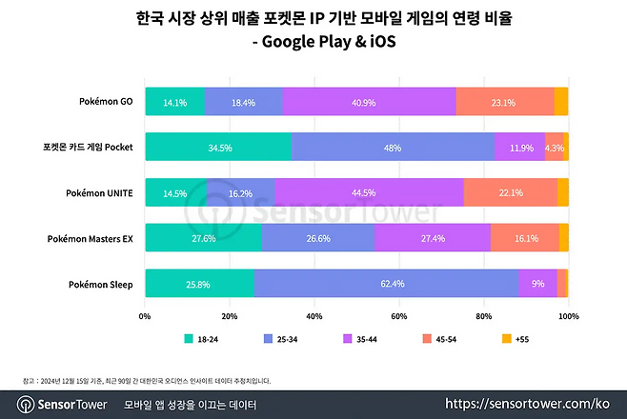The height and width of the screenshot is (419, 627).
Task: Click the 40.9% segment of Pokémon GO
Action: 369,101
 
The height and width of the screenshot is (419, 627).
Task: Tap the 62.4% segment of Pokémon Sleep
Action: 386,284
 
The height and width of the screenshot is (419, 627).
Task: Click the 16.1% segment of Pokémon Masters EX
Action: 524,238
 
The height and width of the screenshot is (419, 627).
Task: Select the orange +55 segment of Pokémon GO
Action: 561,101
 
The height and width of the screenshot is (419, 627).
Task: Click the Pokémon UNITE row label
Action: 100,192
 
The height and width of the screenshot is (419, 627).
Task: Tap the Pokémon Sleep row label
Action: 100,284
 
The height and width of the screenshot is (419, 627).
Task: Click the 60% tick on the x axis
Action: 399,315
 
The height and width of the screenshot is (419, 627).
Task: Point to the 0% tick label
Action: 145,315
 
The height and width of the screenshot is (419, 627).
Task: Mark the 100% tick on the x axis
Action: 568,315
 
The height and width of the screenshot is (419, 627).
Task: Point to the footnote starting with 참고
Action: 143,380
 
